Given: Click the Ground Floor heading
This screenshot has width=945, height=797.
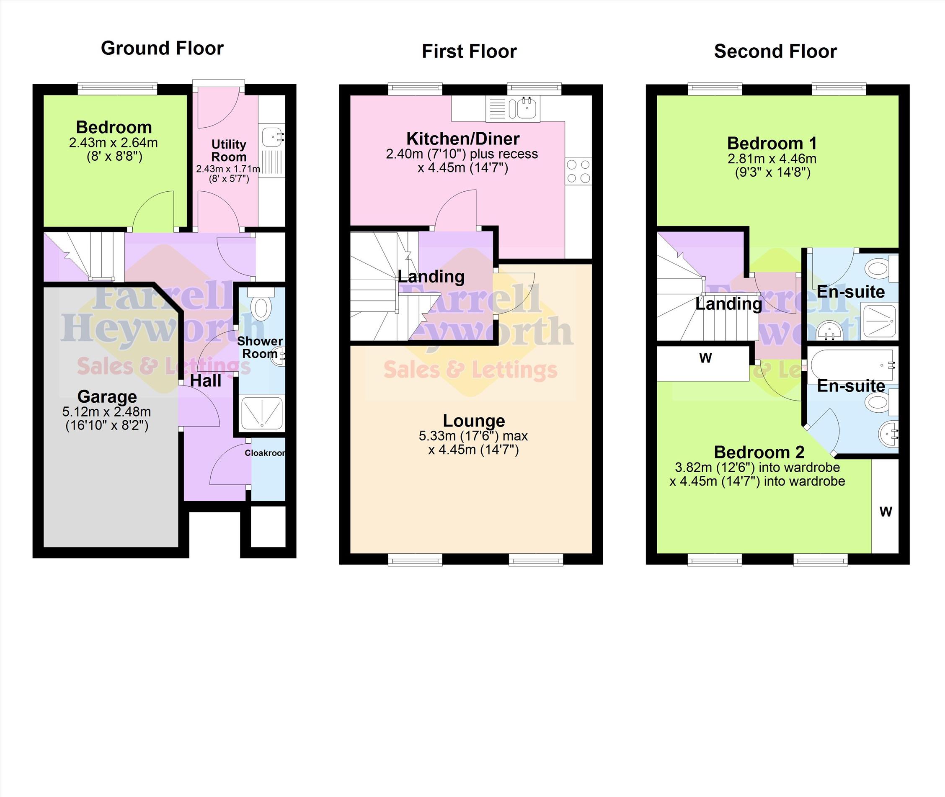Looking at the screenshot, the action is click(x=163, y=48).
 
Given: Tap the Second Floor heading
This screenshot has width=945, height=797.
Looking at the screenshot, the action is click(x=775, y=51).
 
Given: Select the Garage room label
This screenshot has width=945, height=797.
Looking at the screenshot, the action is click(x=107, y=396).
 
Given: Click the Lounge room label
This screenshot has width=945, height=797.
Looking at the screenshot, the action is click(x=474, y=420).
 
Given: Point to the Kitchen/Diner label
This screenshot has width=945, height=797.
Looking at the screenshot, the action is click(x=463, y=138).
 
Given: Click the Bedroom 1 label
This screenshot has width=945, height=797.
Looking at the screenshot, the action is click(x=772, y=143).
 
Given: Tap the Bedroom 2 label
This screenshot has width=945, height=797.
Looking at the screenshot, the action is click(x=759, y=452).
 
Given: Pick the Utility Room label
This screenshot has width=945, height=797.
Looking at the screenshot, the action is click(x=229, y=150).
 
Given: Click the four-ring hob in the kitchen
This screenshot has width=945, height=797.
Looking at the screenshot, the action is click(x=578, y=171).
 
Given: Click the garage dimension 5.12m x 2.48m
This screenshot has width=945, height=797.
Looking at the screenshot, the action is click(x=107, y=411).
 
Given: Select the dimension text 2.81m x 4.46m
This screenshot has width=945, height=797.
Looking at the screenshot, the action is click(x=772, y=159).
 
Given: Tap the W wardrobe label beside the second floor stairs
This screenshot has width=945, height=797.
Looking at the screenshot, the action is click(x=705, y=358).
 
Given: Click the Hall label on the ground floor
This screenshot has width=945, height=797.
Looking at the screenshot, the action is click(x=206, y=381).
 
